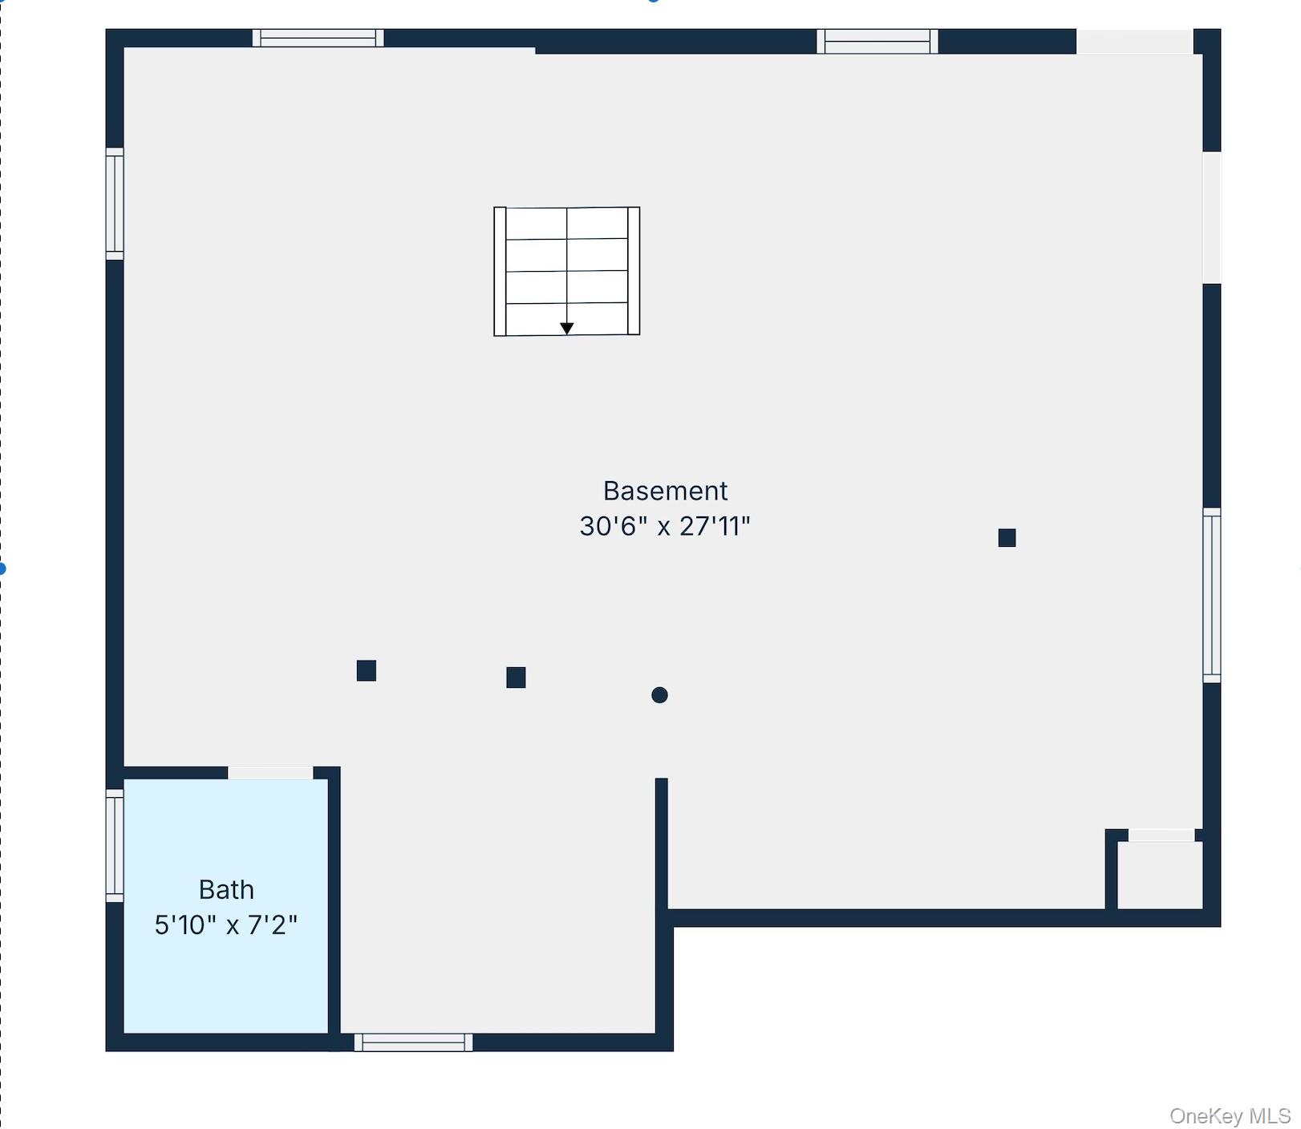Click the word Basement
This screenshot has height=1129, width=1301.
tap(665, 491)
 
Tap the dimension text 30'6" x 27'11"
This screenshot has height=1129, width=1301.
tap(665, 526)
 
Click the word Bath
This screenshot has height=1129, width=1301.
tap(226, 889)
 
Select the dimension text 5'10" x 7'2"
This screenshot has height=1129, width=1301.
tap(226, 925)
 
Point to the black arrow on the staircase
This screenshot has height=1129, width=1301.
tap(566, 329)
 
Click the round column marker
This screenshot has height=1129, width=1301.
tap(659, 695)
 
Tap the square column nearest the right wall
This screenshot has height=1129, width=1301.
tap(1007, 538)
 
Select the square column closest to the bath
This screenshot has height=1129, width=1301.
tap(367, 670)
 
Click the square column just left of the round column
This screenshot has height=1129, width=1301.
tap(516, 678)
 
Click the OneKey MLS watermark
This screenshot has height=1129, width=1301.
tap(1230, 1115)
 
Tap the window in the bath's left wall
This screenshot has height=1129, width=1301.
tap(115, 845)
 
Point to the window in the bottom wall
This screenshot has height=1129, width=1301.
tap(413, 1042)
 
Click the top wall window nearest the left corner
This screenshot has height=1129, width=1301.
tap(318, 38)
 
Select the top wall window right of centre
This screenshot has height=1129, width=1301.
tap(877, 41)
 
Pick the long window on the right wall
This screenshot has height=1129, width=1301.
tap(1212, 595)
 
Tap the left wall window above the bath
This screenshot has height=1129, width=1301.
tap(115, 204)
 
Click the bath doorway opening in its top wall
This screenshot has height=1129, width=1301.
tap(270, 773)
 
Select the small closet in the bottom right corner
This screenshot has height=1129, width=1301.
tap(1160, 875)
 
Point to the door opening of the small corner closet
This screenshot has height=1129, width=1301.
tap(1161, 836)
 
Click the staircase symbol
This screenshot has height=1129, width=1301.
tap(566, 271)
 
